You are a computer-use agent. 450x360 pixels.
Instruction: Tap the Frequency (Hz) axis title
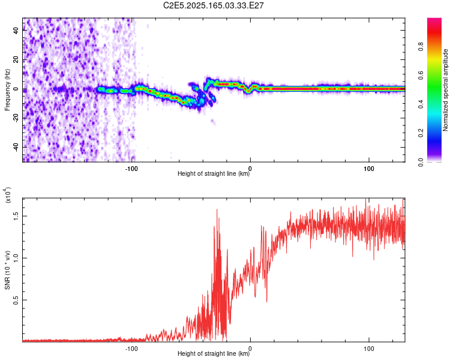7,89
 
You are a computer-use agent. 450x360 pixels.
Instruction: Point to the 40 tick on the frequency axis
16,31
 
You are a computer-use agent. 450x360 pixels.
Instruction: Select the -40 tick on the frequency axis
16,147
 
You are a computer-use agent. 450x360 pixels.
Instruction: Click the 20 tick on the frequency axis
16,60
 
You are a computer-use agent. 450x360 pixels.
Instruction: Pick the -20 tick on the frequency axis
16,118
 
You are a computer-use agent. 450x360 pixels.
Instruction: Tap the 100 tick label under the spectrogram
368,168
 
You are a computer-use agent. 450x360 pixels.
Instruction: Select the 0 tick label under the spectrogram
250,168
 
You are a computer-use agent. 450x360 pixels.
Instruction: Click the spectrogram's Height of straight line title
214,175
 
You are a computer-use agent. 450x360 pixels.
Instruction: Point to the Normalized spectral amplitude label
445,90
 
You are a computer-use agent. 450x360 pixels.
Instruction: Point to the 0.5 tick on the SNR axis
16,300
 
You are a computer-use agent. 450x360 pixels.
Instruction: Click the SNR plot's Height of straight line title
214,355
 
